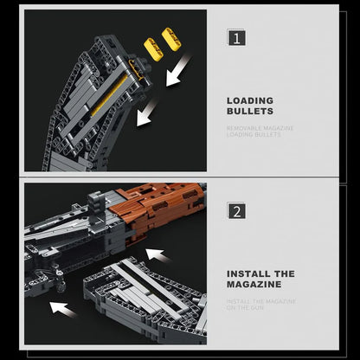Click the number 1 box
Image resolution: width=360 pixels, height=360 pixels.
235,37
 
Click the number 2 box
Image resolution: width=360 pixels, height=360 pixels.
235,210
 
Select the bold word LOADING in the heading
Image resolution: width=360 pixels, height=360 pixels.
250,100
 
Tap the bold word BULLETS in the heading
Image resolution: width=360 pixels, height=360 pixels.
250,111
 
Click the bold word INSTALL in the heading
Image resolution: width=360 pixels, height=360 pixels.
247,273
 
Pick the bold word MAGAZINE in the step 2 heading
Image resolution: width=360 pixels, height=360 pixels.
254,284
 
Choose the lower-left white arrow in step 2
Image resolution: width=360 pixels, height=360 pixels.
62,307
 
